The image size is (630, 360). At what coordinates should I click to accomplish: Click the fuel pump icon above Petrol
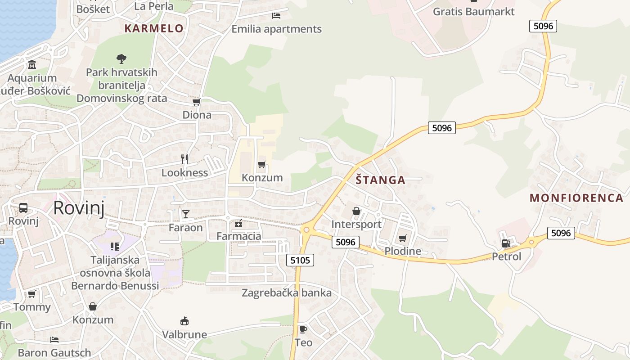[506, 243]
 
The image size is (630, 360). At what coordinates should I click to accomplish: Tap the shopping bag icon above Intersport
[356, 211]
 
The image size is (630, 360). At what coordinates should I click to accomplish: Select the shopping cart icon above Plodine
[402, 238]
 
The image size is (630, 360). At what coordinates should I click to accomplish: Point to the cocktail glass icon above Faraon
[185, 214]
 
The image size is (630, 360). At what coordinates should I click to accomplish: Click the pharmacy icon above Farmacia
[238, 223]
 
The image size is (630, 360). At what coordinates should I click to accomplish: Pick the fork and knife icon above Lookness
[184, 159]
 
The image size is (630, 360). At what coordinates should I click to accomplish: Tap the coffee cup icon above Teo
[303, 329]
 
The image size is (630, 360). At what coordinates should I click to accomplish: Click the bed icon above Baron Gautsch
[54, 339]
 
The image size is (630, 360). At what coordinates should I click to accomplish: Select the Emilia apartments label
[276, 29]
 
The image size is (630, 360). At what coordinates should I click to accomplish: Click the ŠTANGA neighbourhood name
[380, 180]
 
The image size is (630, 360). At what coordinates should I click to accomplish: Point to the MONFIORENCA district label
[576, 198]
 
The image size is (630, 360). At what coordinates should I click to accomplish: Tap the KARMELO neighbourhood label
[154, 28]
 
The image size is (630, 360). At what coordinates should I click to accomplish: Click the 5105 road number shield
[300, 260]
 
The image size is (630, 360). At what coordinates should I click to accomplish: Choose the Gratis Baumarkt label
[473, 12]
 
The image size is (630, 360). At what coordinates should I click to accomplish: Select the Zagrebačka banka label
[287, 293]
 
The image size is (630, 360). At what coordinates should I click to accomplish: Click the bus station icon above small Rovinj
[23, 208]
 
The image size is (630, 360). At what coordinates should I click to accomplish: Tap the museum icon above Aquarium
[32, 65]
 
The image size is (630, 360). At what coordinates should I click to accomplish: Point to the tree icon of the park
[121, 58]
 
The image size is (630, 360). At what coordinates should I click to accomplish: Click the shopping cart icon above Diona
[196, 102]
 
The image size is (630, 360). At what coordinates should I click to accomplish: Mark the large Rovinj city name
[79, 208]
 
